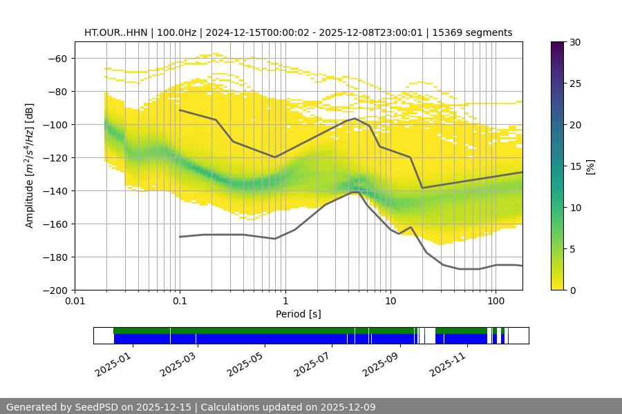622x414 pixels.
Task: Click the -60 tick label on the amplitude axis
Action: pos(58,59)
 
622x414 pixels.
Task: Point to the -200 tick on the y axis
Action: pos(58,290)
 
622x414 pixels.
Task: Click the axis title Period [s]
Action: pos(299,314)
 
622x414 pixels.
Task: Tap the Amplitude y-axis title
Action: pos(30,166)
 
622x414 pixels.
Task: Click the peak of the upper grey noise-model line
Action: pos(355,118)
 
